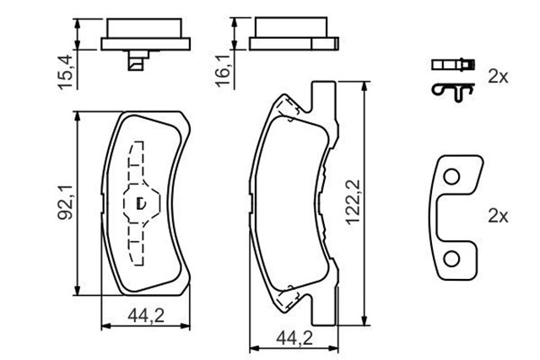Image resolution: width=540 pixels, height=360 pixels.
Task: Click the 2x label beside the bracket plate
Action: coord(498,216)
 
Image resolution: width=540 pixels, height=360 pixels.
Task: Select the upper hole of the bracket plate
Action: coord(453,177)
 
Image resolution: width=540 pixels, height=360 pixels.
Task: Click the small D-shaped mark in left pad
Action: coord(142,202)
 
